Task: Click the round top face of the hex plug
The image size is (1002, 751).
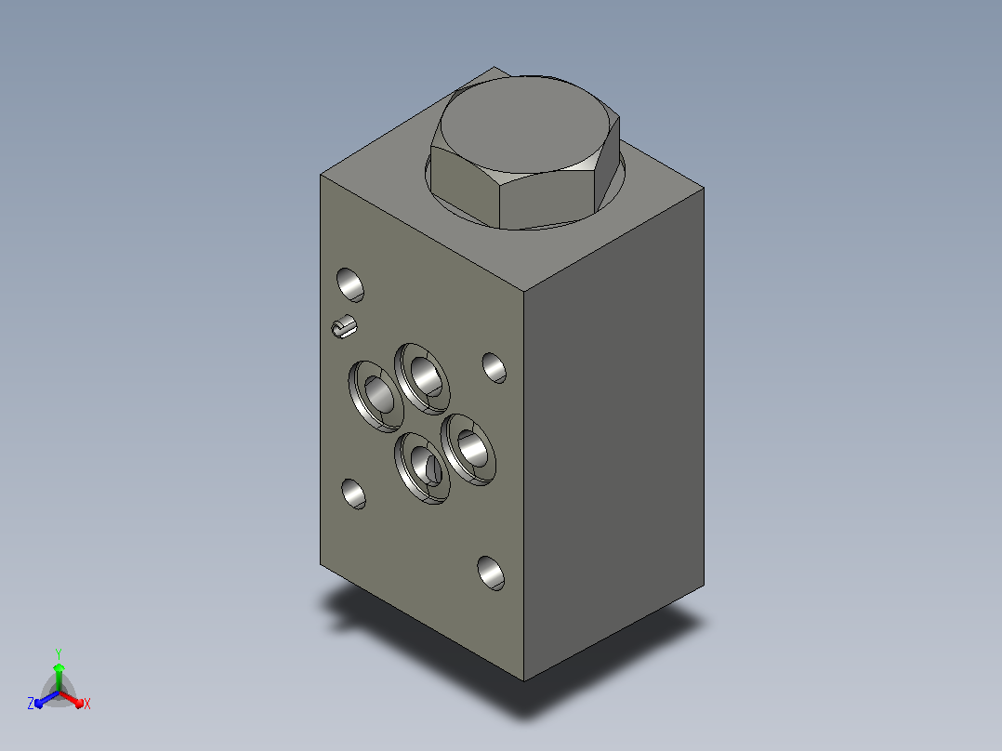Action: coord(524,124)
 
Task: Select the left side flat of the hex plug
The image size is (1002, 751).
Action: coord(463,183)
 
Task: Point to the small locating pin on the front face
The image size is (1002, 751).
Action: coord(344,326)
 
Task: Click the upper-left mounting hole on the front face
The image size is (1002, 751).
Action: coord(349,284)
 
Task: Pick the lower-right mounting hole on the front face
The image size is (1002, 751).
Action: coord(490,573)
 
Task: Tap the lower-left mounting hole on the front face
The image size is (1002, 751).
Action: coord(353,494)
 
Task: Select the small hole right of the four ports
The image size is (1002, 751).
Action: coord(494,367)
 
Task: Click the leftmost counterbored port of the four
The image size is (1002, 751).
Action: coord(376,396)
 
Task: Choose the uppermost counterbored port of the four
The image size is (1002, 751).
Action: coord(422,378)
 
